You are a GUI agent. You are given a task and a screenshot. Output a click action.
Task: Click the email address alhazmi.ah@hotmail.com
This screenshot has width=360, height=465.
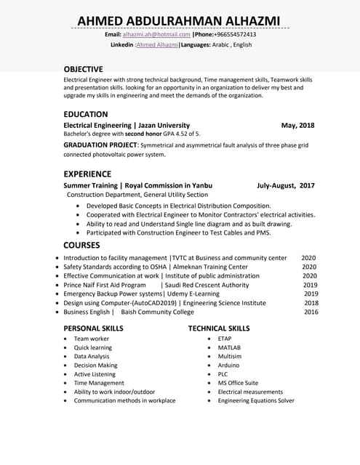[156, 34]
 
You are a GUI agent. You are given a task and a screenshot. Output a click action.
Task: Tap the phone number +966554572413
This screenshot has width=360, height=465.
[236, 34]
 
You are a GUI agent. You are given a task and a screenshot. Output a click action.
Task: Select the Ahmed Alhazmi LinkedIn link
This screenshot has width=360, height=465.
[156, 45]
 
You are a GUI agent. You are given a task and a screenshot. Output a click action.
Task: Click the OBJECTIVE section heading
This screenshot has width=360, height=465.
[83, 69]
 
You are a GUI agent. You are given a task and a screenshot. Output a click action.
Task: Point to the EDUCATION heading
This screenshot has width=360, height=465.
[86, 114]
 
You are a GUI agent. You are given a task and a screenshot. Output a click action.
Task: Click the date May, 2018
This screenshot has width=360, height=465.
[298, 125]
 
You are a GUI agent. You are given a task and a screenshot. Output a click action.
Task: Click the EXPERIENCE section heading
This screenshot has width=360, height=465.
[87, 174]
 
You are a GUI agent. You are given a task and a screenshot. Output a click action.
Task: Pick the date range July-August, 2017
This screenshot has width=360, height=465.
[286, 185]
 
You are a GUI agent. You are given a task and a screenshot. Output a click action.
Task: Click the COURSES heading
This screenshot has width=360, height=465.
[81, 245]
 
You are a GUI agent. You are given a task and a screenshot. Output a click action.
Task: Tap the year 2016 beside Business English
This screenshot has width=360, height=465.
[311, 312]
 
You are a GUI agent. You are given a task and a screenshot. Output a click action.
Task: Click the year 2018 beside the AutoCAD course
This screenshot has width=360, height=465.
[311, 303]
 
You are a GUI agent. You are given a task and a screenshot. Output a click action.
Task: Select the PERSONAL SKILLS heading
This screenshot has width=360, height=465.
[93, 328]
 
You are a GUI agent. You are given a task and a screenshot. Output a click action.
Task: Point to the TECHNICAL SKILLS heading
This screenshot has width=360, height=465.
[218, 328]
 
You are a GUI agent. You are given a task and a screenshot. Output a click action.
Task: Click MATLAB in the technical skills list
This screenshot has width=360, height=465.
[229, 347]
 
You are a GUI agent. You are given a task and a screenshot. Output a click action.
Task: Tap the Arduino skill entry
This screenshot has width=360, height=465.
[229, 365]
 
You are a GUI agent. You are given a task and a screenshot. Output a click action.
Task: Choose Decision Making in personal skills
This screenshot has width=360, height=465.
[95, 365]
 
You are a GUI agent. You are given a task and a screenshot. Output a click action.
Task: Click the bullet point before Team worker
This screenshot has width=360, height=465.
[65, 339]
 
